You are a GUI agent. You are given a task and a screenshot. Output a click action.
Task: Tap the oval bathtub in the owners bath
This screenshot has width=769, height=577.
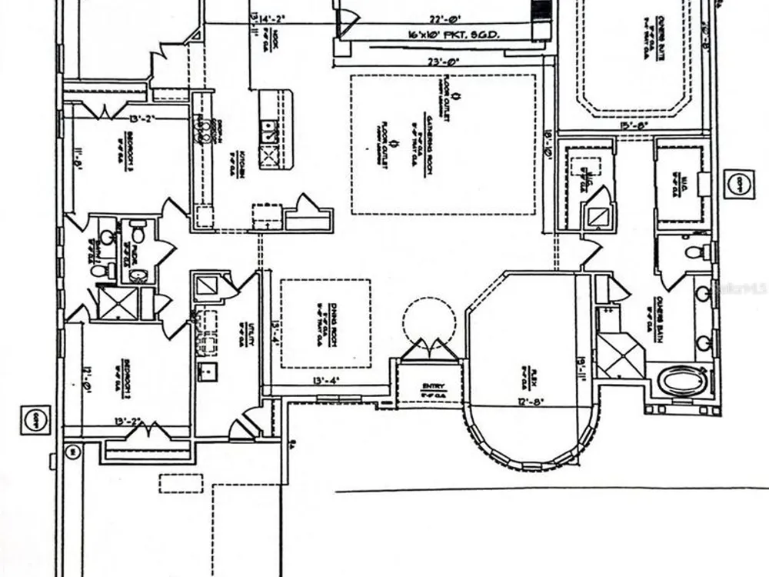[x=681, y=381]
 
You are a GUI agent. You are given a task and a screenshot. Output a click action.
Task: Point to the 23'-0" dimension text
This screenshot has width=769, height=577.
[x=446, y=62]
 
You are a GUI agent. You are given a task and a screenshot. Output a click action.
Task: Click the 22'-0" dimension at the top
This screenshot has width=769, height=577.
[x=445, y=21]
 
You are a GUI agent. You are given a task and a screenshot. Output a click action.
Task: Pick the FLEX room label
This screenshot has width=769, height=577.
[x=528, y=376]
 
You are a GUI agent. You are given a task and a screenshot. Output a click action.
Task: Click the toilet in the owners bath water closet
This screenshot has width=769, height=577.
[x=694, y=252]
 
